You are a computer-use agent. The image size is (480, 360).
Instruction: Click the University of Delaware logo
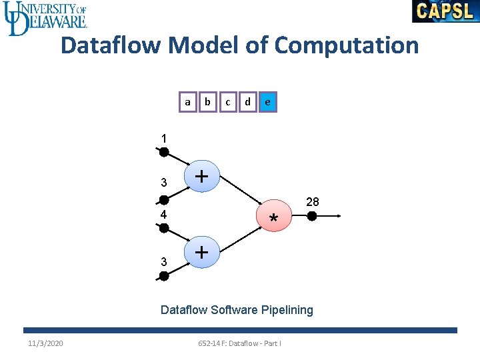(x=45, y=17)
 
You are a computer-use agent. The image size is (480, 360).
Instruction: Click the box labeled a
(x=188, y=102)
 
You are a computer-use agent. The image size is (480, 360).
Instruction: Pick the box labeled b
(x=208, y=102)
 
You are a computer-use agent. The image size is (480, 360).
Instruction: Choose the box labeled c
(x=228, y=102)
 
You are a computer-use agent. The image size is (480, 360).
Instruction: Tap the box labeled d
(x=248, y=102)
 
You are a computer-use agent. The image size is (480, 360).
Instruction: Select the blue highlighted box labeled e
(x=267, y=102)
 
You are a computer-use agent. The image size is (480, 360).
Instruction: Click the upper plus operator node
(x=201, y=177)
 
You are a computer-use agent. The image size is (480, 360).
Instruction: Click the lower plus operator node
(x=201, y=253)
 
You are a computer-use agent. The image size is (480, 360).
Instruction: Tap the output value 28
(x=313, y=201)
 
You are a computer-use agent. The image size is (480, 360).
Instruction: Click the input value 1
(x=163, y=139)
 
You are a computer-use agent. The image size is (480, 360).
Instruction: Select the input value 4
(x=163, y=215)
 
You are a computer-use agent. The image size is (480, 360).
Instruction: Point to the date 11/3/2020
(x=46, y=343)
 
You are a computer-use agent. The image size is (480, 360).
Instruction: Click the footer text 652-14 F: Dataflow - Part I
(x=240, y=343)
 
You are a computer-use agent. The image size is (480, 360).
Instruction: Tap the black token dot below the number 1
(x=163, y=152)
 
